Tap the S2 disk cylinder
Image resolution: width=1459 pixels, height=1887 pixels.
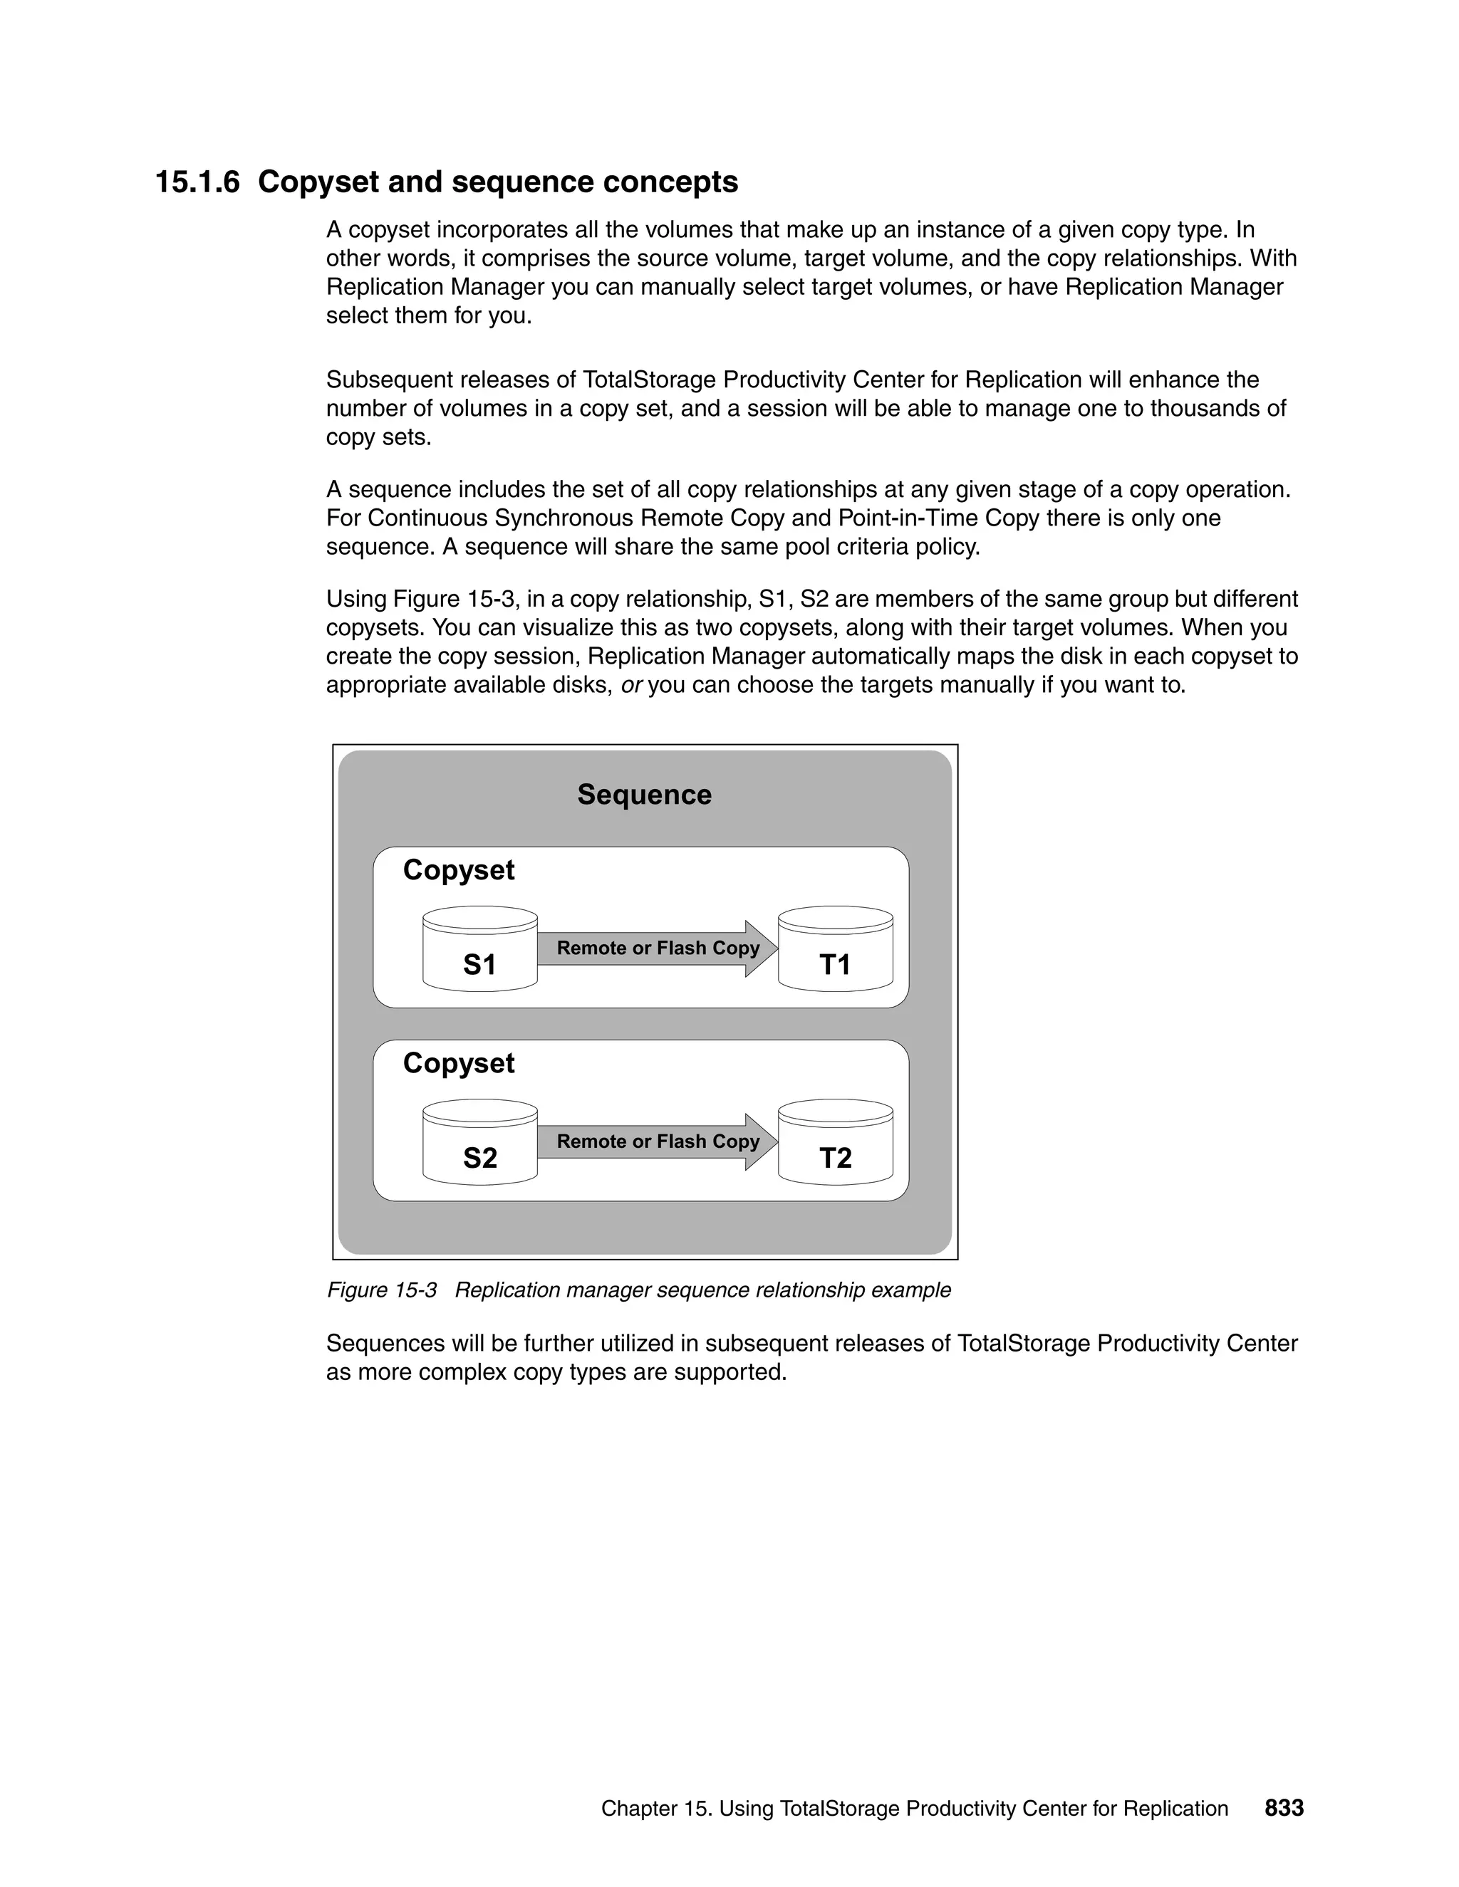click(x=479, y=1142)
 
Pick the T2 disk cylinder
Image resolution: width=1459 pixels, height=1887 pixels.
click(x=835, y=1142)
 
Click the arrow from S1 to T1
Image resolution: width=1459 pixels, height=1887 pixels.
click(x=657, y=948)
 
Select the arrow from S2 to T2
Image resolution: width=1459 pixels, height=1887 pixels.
click(x=657, y=1142)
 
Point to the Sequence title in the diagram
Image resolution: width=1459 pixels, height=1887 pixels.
click(x=644, y=795)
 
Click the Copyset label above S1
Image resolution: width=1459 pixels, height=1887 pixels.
click(x=458, y=870)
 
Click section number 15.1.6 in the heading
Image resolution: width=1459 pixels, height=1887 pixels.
click(x=197, y=182)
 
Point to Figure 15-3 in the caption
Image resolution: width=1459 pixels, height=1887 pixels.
click(x=381, y=1290)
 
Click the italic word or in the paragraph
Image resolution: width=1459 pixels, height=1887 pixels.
click(x=631, y=685)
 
